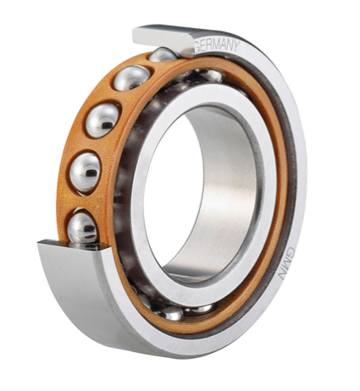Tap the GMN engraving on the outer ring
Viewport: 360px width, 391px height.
click(287, 263)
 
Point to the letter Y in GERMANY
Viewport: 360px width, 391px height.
click(236, 46)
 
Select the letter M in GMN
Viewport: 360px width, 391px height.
click(288, 264)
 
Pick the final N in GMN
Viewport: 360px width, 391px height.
click(285, 275)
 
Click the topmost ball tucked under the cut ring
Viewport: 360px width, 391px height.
click(163, 55)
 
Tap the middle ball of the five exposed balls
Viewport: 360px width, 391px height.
click(102, 120)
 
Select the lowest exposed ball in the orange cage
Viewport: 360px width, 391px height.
click(82, 229)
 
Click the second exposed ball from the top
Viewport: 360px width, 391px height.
click(132, 78)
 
